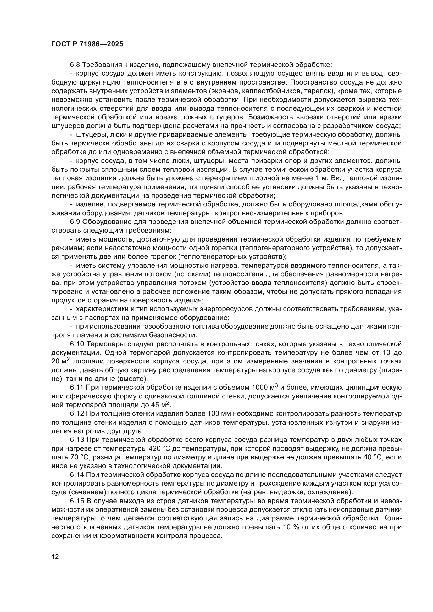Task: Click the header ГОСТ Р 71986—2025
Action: tap(87, 44)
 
